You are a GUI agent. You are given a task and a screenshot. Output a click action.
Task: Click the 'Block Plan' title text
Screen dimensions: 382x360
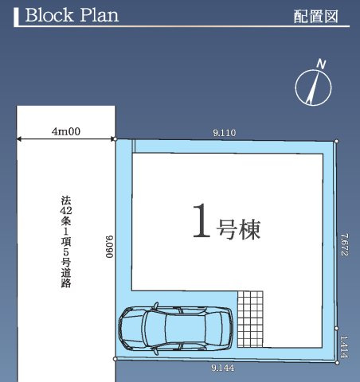coord(71,16)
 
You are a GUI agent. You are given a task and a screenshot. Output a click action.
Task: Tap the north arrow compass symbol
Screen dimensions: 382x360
coord(313,87)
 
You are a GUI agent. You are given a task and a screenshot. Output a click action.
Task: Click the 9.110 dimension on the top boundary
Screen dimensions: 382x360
coord(225,134)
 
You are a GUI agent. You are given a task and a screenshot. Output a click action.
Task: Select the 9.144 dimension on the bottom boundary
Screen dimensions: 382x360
coord(223,368)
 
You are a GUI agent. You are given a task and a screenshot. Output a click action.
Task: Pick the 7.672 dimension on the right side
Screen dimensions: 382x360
coord(344,244)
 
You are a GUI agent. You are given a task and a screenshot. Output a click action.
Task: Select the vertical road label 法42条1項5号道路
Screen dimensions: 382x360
coord(65,242)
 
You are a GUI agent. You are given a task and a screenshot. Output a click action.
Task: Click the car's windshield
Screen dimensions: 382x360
coord(151,327)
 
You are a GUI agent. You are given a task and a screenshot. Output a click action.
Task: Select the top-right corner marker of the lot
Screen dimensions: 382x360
coord(337,142)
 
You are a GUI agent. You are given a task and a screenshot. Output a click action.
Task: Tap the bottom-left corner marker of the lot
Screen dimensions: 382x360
coord(115,360)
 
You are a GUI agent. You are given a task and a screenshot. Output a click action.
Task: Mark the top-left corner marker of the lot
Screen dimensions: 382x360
coord(115,139)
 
